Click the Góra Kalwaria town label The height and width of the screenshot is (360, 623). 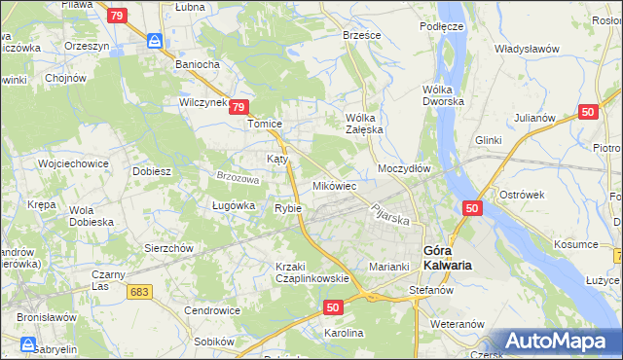(449, 257)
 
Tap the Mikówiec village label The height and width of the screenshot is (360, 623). (334, 185)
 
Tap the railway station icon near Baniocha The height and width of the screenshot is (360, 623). (155, 41)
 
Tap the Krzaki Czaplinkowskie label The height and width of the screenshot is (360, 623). (311, 272)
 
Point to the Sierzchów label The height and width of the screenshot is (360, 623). (170, 248)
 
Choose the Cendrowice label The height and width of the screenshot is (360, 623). (212, 310)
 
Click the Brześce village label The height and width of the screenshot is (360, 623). (362, 34)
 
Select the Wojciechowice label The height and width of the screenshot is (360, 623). (72, 163)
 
